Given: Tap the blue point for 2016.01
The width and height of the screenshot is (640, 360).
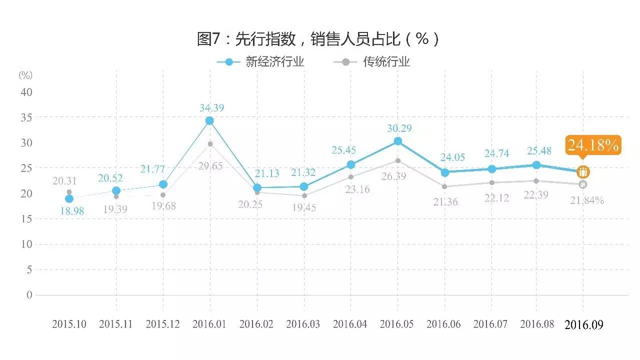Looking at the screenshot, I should [x=209, y=120].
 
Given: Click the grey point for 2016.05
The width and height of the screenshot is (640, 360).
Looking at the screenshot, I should [x=398, y=160].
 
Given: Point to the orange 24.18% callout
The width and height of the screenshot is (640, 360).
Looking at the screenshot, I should [x=593, y=145].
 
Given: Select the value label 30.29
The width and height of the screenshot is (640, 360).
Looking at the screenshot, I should [x=399, y=128].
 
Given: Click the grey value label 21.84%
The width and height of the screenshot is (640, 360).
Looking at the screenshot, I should [x=587, y=200].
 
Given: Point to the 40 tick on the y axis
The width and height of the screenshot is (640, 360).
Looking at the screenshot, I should [x=26, y=92].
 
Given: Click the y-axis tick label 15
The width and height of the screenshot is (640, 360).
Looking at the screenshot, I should [x=26, y=218].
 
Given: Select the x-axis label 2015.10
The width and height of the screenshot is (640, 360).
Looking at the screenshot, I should [x=69, y=324].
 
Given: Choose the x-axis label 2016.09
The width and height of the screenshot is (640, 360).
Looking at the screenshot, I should [x=583, y=325].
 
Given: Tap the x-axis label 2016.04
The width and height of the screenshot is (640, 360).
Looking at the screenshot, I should [x=350, y=324].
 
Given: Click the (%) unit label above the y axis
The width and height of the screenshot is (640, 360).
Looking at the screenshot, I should [x=25, y=75].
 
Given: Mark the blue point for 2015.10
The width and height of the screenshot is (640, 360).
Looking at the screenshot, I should [x=69, y=199].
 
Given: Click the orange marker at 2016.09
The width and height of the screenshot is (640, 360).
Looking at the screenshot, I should [x=583, y=172].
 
